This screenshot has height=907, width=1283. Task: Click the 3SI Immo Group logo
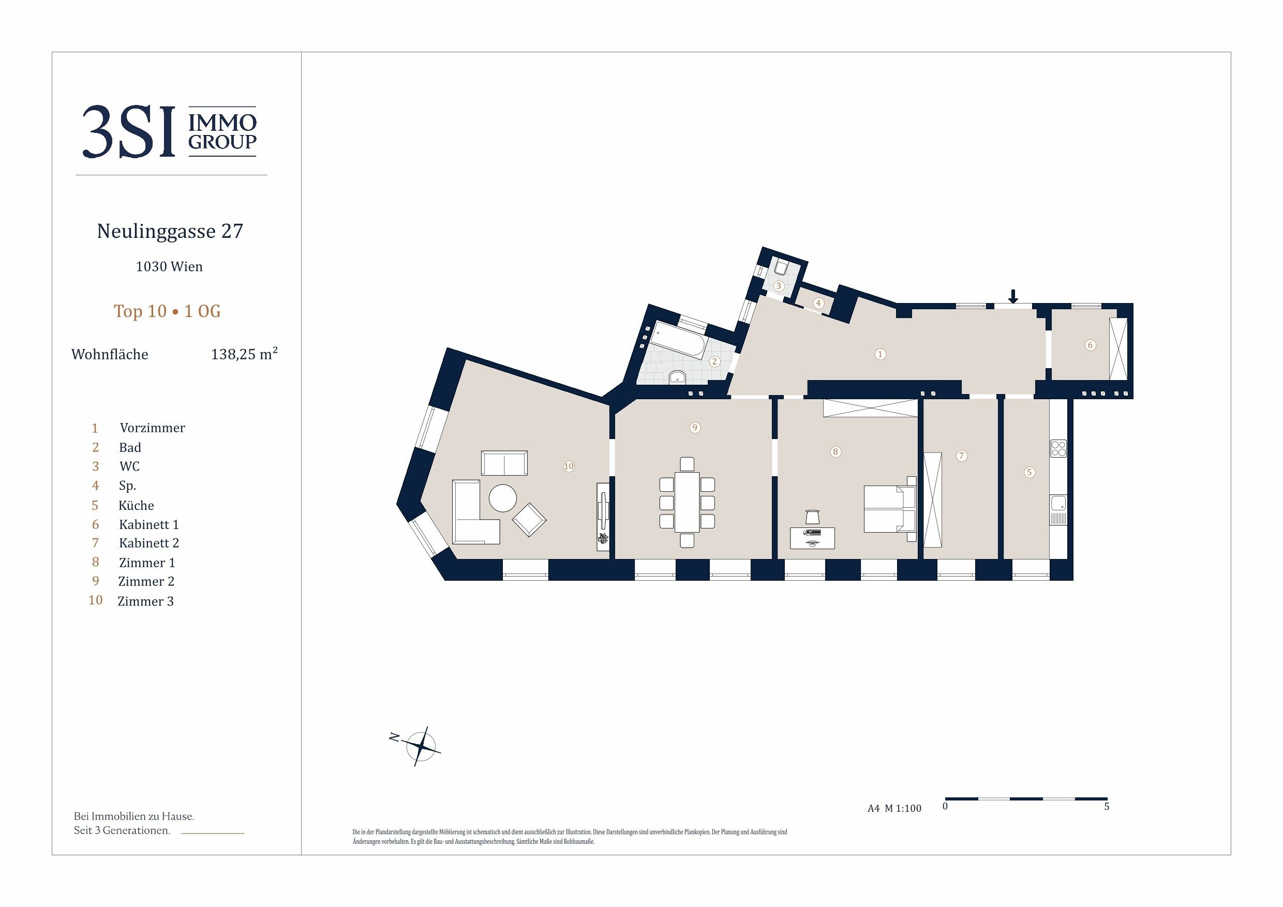(170, 132)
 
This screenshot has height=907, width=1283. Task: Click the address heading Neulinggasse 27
(170, 231)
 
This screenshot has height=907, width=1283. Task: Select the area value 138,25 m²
(244, 354)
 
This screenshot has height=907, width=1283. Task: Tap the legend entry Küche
(137, 505)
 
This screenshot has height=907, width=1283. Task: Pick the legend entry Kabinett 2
(148, 543)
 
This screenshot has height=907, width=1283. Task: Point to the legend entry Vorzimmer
(152, 428)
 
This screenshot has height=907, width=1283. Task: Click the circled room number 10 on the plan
(569, 466)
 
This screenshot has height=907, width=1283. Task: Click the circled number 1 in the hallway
(880, 354)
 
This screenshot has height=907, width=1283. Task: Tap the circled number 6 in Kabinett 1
(1090, 345)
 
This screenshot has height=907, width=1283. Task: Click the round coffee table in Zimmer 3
(502, 497)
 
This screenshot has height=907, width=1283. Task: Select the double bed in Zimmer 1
(890, 509)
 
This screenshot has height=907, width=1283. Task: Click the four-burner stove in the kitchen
(1058, 448)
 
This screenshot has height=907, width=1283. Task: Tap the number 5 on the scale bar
(1107, 807)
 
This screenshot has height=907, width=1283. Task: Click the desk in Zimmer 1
(813, 538)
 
